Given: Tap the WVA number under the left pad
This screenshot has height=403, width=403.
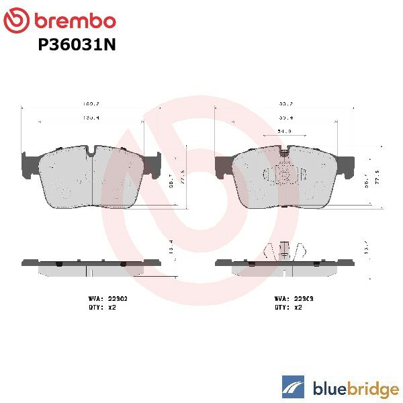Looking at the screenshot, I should [105, 296].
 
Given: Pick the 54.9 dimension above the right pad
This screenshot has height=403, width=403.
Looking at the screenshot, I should [285, 131].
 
